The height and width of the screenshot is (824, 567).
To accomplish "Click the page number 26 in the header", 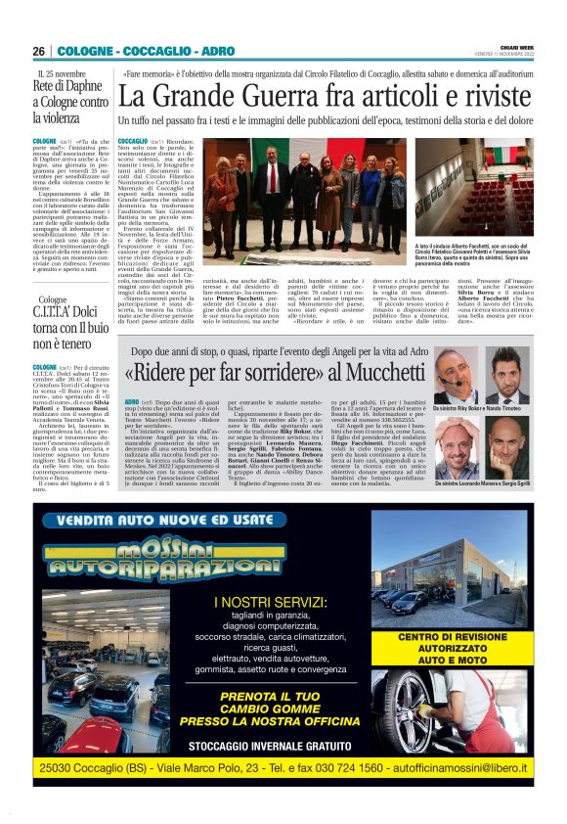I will (x=39, y=51).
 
